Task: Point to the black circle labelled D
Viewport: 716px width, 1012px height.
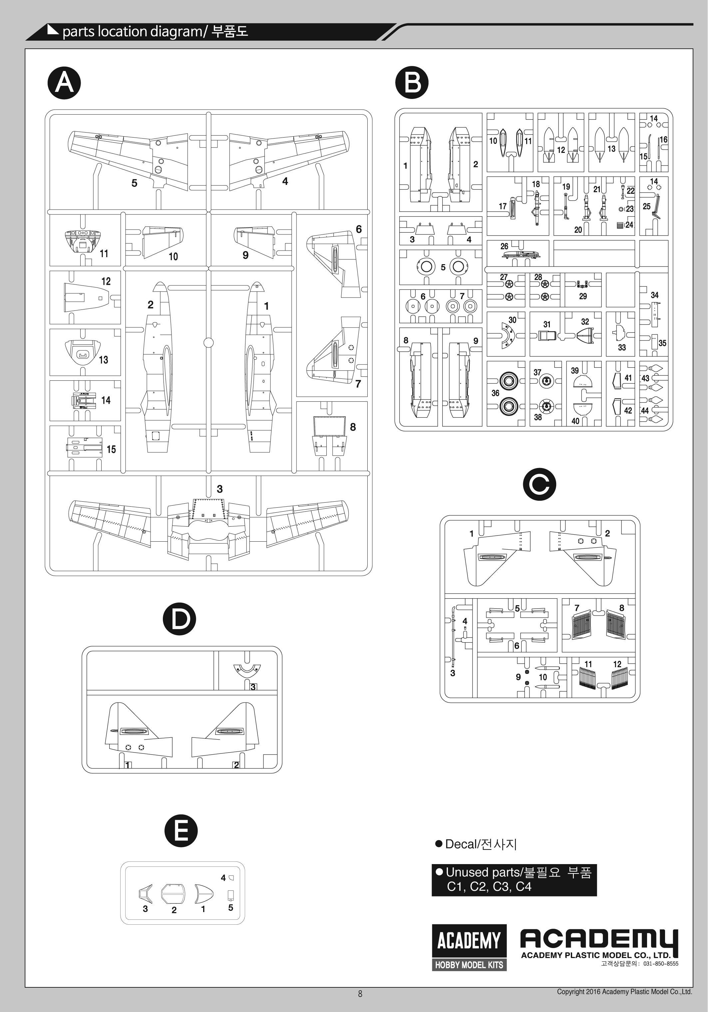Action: (179, 619)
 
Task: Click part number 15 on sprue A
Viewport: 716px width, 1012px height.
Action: (111, 449)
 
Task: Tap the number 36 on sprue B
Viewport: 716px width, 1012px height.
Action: (495, 393)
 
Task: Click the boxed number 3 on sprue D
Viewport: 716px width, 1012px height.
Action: (253, 687)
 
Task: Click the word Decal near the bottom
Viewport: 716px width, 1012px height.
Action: (462, 844)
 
